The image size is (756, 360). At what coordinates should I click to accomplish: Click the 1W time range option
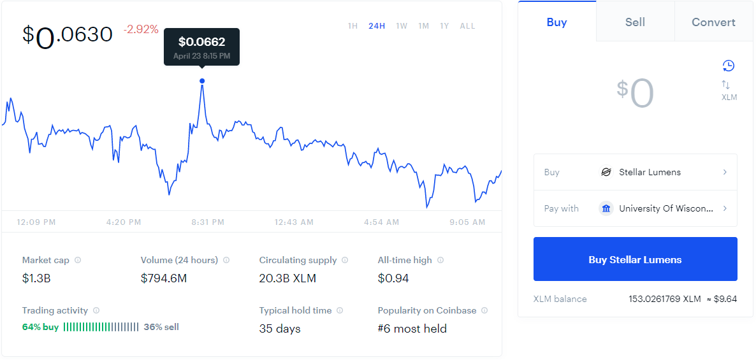coord(401,26)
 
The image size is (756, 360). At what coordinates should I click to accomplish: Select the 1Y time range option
coord(444,26)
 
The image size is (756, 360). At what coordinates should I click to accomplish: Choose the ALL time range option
coord(467,26)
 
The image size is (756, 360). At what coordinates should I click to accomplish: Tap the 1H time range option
coord(353,26)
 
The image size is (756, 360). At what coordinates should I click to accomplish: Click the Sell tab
coord(635,22)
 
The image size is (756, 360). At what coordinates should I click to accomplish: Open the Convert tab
coord(713,22)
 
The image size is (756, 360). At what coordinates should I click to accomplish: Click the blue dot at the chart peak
coord(202,81)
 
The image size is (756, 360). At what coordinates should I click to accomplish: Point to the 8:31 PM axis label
coord(208,222)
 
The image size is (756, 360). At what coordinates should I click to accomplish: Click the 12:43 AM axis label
coord(294,222)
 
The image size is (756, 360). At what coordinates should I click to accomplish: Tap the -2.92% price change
coord(141,30)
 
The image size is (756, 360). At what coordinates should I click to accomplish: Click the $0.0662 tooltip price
coord(201,42)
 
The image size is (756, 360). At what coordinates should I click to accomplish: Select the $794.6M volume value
coord(163,278)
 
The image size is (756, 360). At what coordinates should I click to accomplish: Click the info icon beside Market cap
coord(78,260)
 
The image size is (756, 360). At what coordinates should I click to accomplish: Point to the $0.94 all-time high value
coord(393,278)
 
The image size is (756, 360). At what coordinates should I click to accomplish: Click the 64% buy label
coord(41,328)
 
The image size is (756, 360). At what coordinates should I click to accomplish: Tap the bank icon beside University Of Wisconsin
coord(606,209)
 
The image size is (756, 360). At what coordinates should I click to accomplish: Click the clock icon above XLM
coord(728,66)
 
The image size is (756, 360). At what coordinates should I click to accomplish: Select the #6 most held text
coord(412,329)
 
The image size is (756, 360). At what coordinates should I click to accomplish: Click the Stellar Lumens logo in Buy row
coord(606,172)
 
